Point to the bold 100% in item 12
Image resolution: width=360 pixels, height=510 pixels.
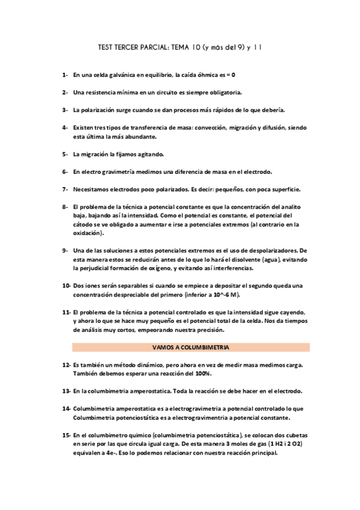point(201,373)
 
